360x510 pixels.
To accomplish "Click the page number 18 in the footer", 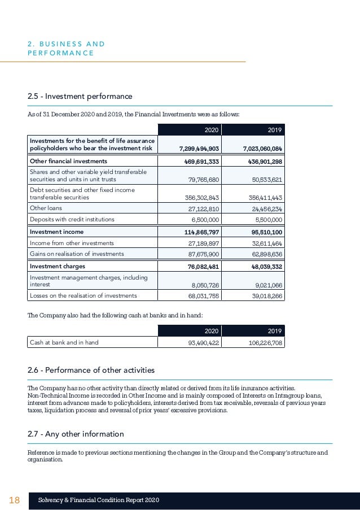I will click(x=15, y=500).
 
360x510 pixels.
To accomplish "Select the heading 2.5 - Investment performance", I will click(x=80, y=97).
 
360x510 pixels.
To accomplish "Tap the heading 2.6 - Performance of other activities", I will click(x=91, y=370).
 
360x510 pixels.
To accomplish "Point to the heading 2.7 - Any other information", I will click(x=76, y=434).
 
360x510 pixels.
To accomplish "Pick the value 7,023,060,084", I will click(x=262, y=149).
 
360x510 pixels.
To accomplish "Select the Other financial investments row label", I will click(x=68, y=161).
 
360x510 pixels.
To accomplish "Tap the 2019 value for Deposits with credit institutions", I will click(x=267, y=219).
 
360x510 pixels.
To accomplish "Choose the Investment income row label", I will click(x=56, y=232).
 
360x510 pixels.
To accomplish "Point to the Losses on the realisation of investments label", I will click(x=83, y=295).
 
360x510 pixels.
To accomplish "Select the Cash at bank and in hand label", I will click(x=64, y=342).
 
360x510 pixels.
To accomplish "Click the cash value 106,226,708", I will click(x=264, y=342).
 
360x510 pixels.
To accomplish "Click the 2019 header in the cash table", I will click(x=274, y=330).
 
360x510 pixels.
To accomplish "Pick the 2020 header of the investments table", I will click(x=212, y=130).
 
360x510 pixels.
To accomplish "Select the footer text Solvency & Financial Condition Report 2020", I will click(x=99, y=500).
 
